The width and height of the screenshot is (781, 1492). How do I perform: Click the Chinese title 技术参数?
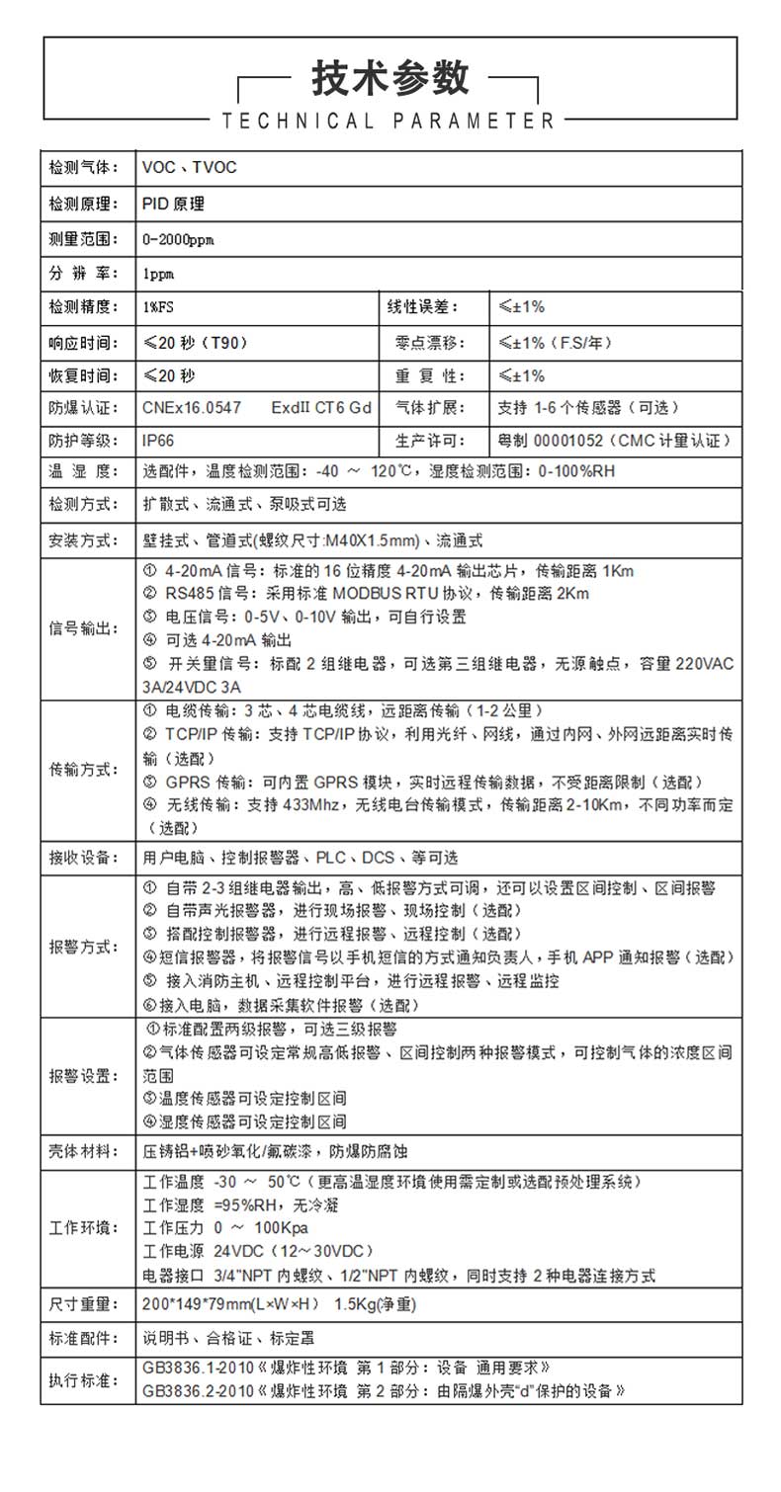click(x=390, y=78)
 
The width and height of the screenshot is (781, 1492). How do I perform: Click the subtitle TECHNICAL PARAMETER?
click(x=390, y=122)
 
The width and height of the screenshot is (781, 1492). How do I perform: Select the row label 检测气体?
click(x=83, y=168)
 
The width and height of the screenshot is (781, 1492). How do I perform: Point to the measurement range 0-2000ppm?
click(x=178, y=239)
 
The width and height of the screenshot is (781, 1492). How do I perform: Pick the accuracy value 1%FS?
click(x=158, y=307)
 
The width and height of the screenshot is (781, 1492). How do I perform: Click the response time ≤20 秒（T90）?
click(x=195, y=343)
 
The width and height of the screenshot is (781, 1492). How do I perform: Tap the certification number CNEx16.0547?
click(x=192, y=407)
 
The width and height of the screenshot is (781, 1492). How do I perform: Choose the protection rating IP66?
click(x=158, y=441)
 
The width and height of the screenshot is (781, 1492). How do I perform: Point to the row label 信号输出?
click(x=83, y=628)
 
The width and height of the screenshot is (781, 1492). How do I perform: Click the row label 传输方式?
click(x=83, y=769)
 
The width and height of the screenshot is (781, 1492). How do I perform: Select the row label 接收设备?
click(x=83, y=857)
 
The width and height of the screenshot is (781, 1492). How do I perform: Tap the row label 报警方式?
click(x=83, y=946)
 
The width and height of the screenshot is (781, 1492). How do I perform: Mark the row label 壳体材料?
click(x=83, y=1151)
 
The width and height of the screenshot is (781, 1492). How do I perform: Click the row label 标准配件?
click(x=83, y=1340)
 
